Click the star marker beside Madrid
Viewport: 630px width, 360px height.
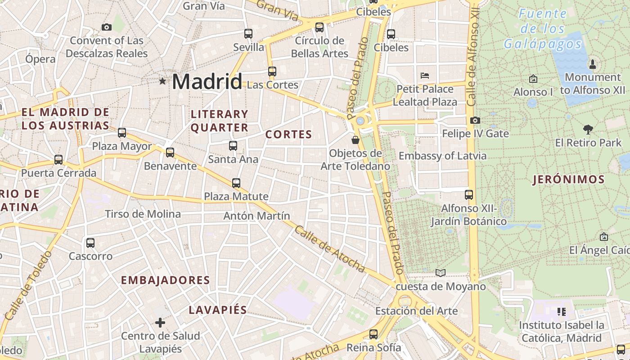coord(162,81)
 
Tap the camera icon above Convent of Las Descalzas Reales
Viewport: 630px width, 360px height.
coord(107,27)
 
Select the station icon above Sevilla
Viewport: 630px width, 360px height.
coord(248,33)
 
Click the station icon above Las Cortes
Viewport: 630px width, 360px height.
coord(272,71)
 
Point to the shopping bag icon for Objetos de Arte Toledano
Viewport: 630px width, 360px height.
coord(355,140)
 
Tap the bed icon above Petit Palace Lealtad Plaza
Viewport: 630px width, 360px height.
coord(424,75)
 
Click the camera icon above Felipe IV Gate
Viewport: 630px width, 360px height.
coord(475,120)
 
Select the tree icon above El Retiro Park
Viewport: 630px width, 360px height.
coord(588,130)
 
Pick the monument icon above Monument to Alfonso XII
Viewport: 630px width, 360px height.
coord(592,64)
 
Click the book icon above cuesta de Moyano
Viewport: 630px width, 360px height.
coord(441,273)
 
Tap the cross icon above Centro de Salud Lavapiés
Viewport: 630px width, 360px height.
coord(160,322)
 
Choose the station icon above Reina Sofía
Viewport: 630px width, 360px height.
coord(373,334)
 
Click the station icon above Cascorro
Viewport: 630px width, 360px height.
coord(90,243)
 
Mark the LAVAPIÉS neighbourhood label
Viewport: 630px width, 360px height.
coord(218,310)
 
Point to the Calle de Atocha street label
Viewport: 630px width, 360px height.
coord(330,249)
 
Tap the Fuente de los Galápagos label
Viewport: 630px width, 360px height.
coord(542,29)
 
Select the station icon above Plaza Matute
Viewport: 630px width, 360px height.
coord(236,183)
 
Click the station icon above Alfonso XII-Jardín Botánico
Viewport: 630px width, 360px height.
coord(469,195)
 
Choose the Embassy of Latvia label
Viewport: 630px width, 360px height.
coord(442,156)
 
